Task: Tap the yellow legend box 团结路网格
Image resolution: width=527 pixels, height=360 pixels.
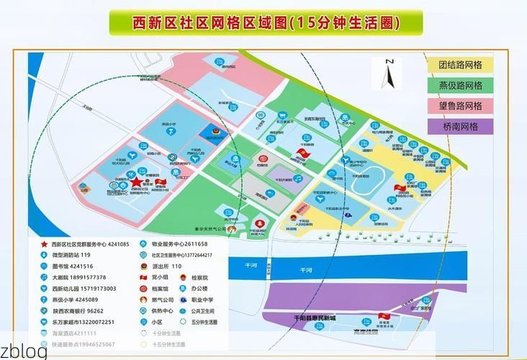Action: click(460, 64)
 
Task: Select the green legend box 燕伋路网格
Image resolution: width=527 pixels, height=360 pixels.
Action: click(460, 85)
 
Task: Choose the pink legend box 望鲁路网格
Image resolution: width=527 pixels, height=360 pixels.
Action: click(460, 106)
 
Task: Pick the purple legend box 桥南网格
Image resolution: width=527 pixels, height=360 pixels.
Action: click(460, 127)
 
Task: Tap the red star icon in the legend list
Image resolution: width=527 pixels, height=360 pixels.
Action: click(44, 245)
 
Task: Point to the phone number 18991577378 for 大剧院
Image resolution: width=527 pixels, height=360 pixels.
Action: click(88, 277)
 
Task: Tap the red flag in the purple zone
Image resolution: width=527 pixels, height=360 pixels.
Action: click(382, 317)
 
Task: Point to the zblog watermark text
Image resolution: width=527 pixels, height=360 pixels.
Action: click(24, 351)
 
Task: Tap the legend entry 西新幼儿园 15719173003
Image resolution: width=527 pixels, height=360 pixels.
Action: click(84, 289)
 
